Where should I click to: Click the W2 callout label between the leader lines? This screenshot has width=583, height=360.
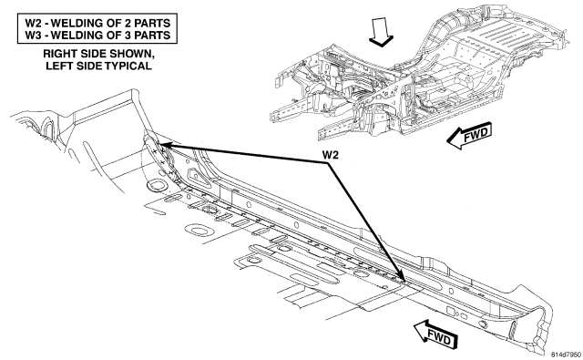tap(330, 155)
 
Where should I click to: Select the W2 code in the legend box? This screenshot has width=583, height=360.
tap(33, 23)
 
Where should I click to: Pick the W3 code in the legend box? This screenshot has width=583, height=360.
tap(33, 36)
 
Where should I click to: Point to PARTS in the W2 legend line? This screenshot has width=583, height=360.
tap(152, 23)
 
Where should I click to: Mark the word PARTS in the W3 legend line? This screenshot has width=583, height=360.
tap(152, 36)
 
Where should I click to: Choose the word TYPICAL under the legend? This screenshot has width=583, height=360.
tap(128, 66)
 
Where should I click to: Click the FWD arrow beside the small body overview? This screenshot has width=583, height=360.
tap(469, 136)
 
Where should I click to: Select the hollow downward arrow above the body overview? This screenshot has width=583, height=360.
tap(381, 33)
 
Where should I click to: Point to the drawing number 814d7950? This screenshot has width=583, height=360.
tap(566, 355)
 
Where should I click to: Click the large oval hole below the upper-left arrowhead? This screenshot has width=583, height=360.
tap(157, 185)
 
